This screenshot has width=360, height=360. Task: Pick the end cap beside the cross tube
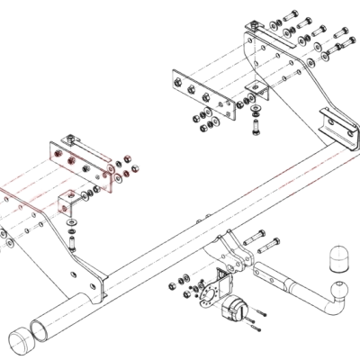pyautogui.click(x=24, y=342)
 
